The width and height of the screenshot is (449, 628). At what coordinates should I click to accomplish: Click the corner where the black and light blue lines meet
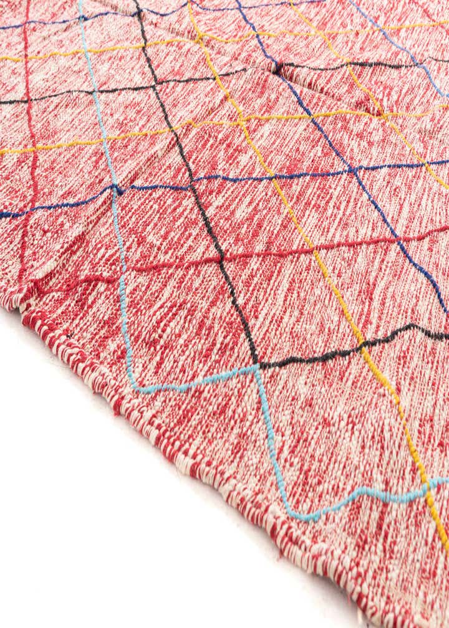[256, 366]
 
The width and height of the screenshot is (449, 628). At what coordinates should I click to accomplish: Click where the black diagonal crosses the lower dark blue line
[190, 183]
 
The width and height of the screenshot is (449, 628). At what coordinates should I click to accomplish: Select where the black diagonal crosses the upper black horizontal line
[157, 83]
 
